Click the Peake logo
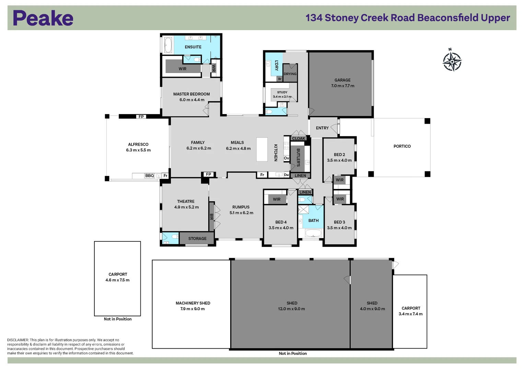point(43,18)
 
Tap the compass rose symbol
point(452,61)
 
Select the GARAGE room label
point(342,80)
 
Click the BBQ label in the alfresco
point(150,176)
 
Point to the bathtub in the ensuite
point(168,45)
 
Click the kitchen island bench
point(262,149)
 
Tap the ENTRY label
point(322,128)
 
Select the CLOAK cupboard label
point(299,138)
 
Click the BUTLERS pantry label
point(298,158)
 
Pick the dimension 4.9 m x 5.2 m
point(186,207)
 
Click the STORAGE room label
point(197,238)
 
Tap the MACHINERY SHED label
point(193,303)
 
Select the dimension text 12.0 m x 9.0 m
point(291,309)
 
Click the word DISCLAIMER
point(18,340)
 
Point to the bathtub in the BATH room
point(313,234)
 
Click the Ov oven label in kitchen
point(287,158)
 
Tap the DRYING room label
point(290,74)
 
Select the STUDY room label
point(282,92)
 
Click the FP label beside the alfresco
point(141,117)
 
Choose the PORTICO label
point(402,146)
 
